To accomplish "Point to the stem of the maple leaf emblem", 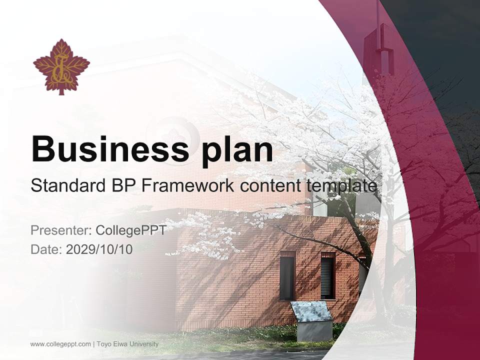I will coord(61,91).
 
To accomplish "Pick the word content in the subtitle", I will coord(270,185).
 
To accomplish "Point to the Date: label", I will coord(46,249).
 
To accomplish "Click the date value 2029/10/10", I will coord(99,249).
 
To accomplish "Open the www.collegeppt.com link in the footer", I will coord(60,344).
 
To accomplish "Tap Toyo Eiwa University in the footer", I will coord(127,344).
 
